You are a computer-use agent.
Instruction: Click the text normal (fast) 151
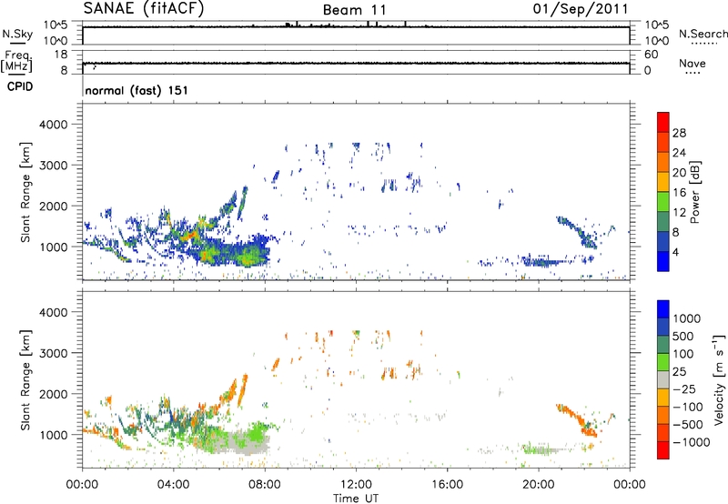(x=136, y=91)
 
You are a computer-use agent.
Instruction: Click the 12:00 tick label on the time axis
(x=356, y=484)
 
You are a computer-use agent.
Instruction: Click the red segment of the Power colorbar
(x=663, y=121)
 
